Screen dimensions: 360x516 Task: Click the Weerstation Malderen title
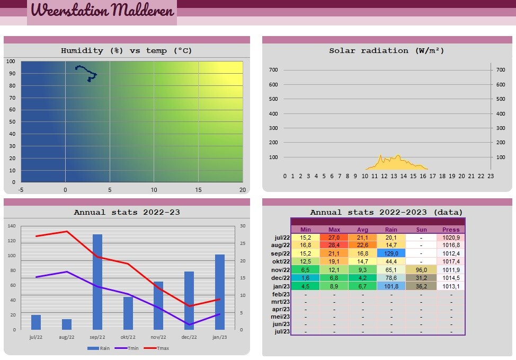[x=102, y=11]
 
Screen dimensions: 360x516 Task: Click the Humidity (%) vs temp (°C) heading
[x=127, y=51]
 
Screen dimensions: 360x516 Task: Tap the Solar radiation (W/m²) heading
[x=387, y=51]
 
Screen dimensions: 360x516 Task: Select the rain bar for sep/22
[x=97, y=282]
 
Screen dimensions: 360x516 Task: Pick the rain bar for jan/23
[x=220, y=292]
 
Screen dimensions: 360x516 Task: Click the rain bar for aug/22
[x=67, y=324]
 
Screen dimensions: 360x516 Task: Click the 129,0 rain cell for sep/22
[x=391, y=253]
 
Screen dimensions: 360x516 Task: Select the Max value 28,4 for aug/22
[x=334, y=245]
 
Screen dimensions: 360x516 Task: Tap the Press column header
[x=451, y=230]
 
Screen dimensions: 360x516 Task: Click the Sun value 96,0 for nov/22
[x=421, y=270]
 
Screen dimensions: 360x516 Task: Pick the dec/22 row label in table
[x=280, y=278]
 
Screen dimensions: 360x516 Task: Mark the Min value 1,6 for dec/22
[x=306, y=278]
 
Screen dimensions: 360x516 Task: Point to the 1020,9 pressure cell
[x=451, y=238]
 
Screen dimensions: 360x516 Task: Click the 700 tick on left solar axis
[x=273, y=70]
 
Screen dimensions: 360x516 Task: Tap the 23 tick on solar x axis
[x=491, y=176]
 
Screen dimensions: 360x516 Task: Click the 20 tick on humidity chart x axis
[x=242, y=189]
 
